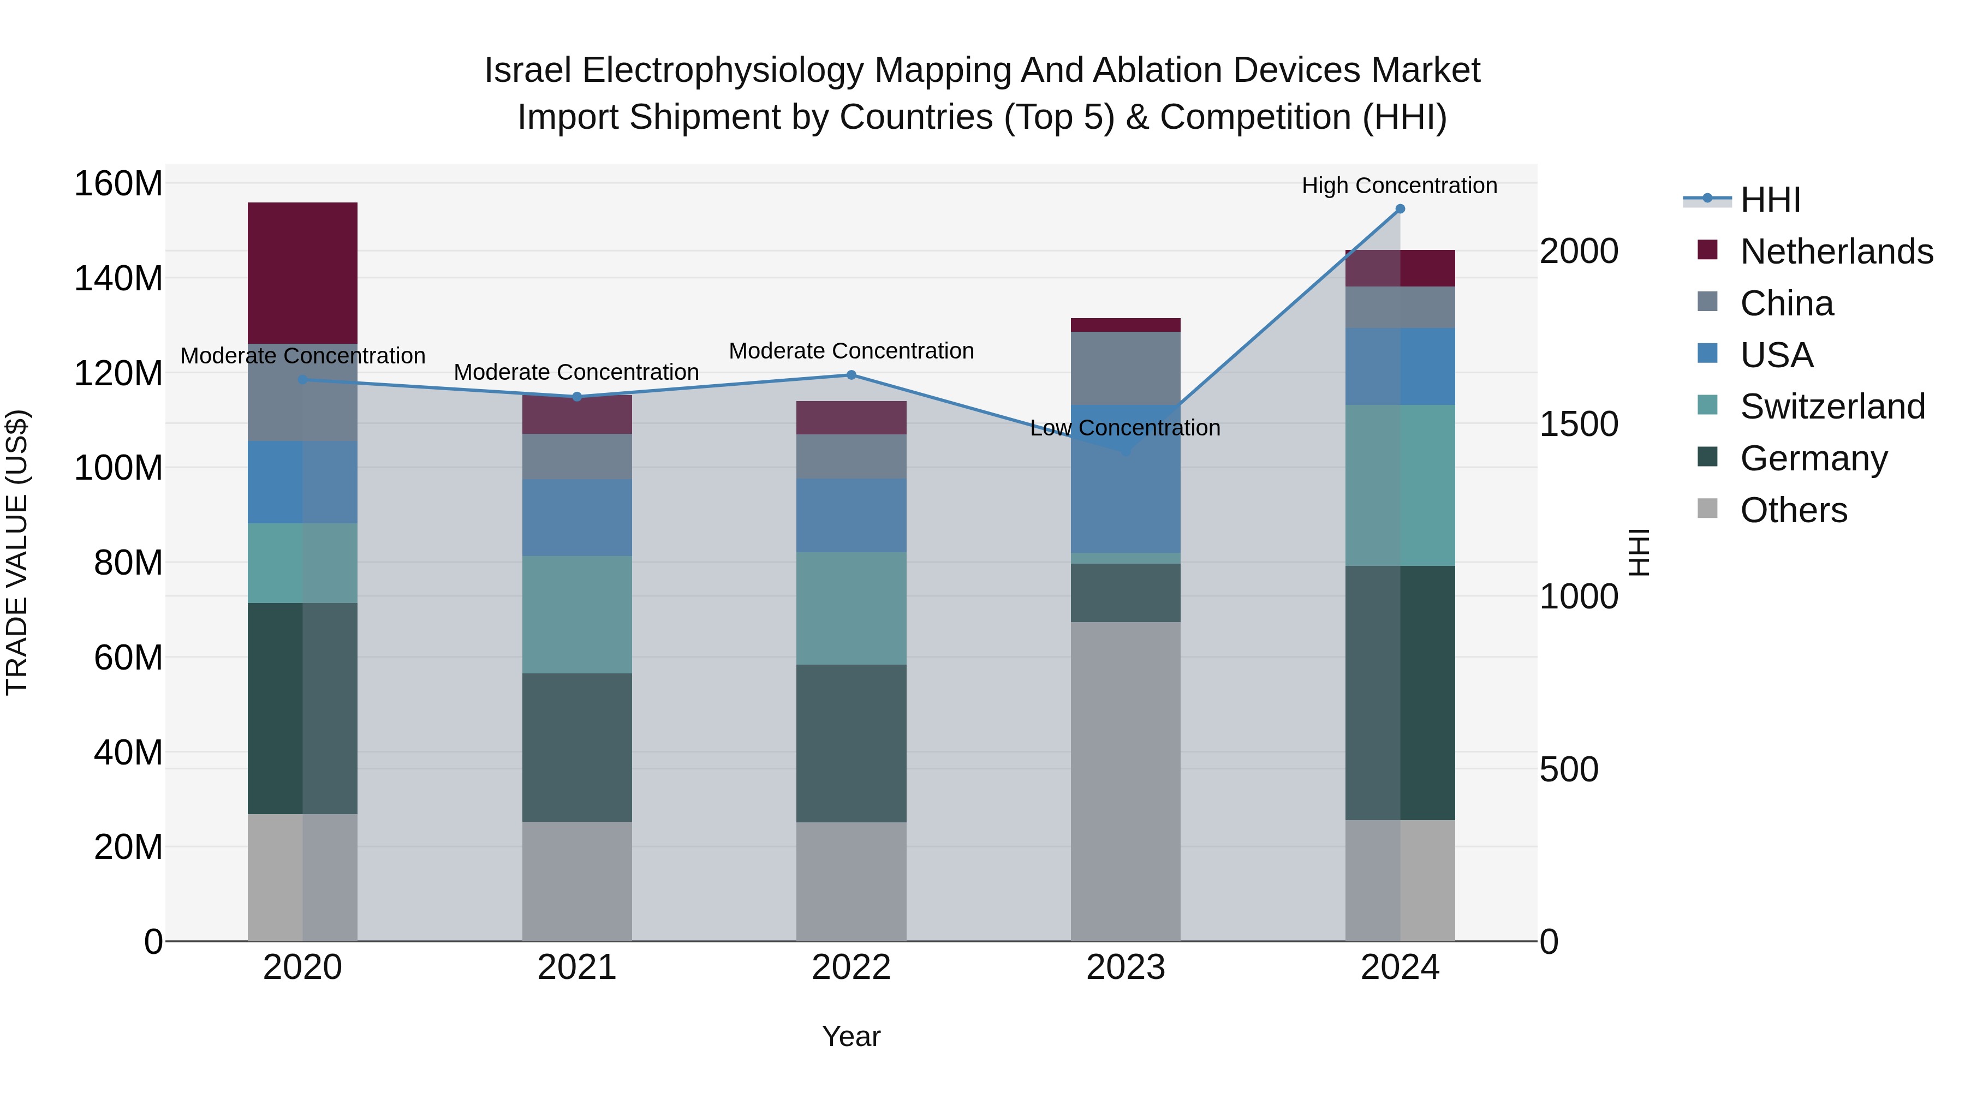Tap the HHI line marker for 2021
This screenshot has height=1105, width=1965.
coord(577,397)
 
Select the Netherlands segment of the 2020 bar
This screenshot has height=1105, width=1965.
coord(303,272)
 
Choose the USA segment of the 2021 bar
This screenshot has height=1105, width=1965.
coord(577,517)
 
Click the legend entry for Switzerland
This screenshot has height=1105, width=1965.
coord(1832,407)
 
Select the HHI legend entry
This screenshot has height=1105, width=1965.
coord(1770,200)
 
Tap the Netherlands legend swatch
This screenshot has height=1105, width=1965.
coord(1707,250)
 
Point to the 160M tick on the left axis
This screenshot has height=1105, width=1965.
coord(118,184)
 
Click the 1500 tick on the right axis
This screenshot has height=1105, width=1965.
coord(1578,424)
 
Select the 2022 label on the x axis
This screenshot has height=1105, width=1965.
coord(851,967)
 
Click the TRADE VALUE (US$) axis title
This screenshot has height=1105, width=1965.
coord(17,552)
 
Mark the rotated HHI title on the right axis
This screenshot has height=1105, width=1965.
coord(1639,552)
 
